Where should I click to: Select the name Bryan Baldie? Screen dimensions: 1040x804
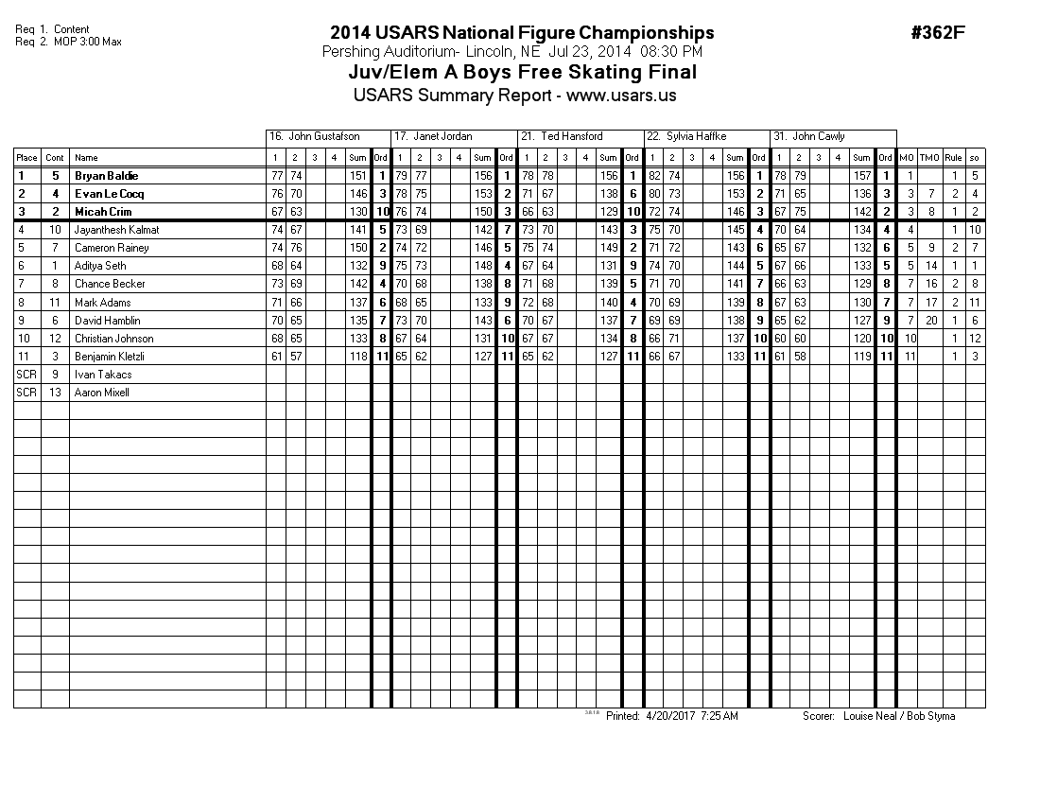pos(107,176)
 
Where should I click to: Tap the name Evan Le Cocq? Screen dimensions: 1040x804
pos(110,194)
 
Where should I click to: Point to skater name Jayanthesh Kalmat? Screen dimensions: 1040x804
pos(117,230)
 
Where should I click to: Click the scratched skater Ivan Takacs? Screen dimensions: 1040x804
pos(103,374)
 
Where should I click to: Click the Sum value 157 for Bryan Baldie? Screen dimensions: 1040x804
pos(861,176)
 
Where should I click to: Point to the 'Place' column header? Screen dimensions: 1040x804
pos(26,158)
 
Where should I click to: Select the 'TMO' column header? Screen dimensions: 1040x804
pos(929,158)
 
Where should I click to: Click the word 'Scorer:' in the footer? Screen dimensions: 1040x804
pos(819,716)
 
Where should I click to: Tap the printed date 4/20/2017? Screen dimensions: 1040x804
pos(670,716)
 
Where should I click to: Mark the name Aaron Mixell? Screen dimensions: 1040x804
pos(102,392)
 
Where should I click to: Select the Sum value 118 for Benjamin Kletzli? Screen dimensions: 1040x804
pos(356,356)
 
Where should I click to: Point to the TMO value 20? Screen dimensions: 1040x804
pos(931,320)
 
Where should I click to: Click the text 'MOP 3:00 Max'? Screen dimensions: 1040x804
pos(88,42)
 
